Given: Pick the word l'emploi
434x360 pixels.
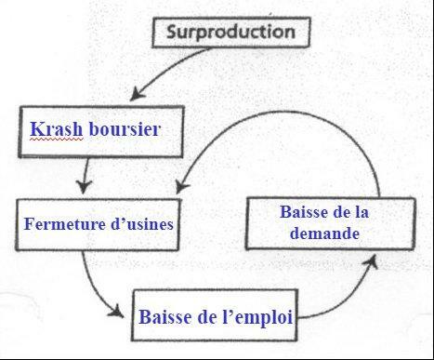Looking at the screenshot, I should [251, 316].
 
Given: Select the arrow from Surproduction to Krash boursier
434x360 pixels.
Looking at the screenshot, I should [177, 67].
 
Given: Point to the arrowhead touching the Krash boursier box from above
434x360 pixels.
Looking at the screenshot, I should [138, 94].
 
